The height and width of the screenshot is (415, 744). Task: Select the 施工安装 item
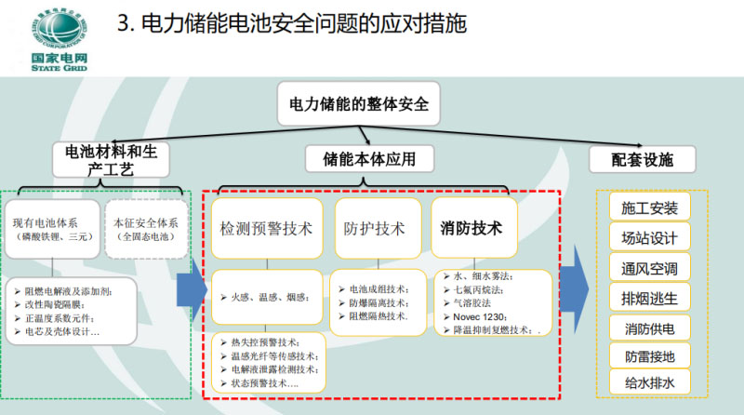click(650, 207)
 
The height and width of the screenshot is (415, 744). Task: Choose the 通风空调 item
click(650, 268)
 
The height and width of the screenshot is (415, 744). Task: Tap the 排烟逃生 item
click(650, 298)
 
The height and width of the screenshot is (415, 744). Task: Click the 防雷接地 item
click(650, 355)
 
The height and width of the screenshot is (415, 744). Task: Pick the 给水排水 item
click(650, 382)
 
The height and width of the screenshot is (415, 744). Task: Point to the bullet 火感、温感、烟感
click(271, 296)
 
